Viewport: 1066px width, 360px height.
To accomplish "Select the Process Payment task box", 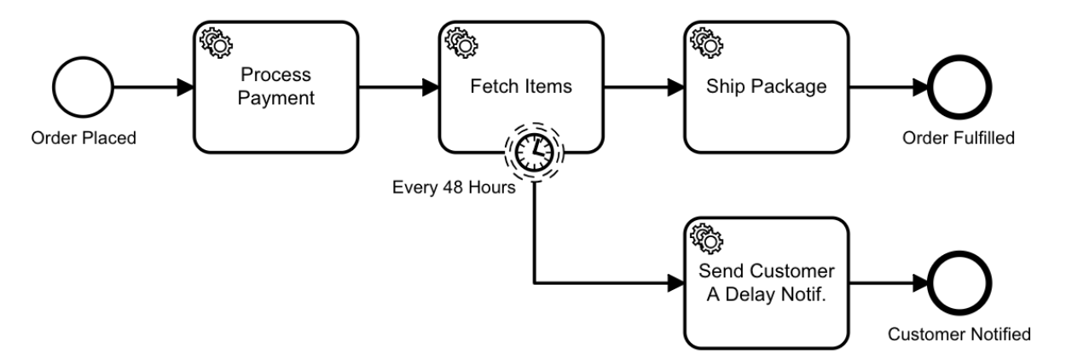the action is coord(276,87).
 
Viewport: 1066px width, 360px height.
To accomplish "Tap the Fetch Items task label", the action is coord(521,87).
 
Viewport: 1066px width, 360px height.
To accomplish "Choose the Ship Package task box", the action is coord(766,87).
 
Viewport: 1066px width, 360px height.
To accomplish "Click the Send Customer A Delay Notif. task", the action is coord(766,283).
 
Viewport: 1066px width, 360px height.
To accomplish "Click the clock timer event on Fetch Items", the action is coord(535,153).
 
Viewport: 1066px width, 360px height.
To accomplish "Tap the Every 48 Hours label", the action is coord(454,187).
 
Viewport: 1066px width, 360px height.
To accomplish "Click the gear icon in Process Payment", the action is coord(217,44).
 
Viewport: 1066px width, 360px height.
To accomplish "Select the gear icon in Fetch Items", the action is coord(461,44).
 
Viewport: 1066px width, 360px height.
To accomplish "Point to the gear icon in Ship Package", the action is coord(707,44).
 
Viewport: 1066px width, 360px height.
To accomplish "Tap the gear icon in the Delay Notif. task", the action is coord(707,239).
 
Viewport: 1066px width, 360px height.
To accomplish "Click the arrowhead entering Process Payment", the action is coord(186,87).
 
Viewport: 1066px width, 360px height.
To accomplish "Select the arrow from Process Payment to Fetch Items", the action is coord(399,87).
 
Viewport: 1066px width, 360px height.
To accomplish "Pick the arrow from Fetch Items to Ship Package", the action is coord(644,87).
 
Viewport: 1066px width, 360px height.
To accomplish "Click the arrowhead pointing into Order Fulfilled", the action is coord(921,87).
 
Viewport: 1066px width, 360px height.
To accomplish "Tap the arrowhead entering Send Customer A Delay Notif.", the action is coord(676,283).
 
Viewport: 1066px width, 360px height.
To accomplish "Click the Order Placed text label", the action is coord(84,138).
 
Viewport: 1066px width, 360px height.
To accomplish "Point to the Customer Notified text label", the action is coord(959,334).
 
